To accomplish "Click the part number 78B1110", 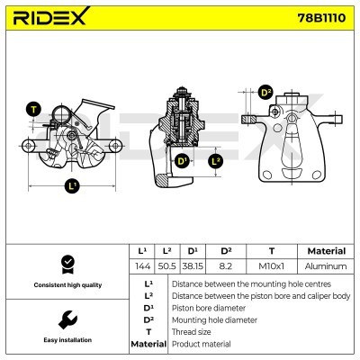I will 318,17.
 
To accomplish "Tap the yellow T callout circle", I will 33,111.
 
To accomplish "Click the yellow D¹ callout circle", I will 182,161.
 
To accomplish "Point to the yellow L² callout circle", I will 214,161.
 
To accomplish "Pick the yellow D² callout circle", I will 265,92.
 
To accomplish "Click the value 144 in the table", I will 142,266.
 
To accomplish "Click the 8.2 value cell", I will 227,266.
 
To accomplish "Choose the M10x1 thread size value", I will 273,266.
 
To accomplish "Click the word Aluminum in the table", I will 326,266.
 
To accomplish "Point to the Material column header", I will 326,251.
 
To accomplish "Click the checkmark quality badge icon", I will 66,264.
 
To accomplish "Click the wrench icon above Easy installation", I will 66,319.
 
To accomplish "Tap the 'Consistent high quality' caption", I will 66,285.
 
